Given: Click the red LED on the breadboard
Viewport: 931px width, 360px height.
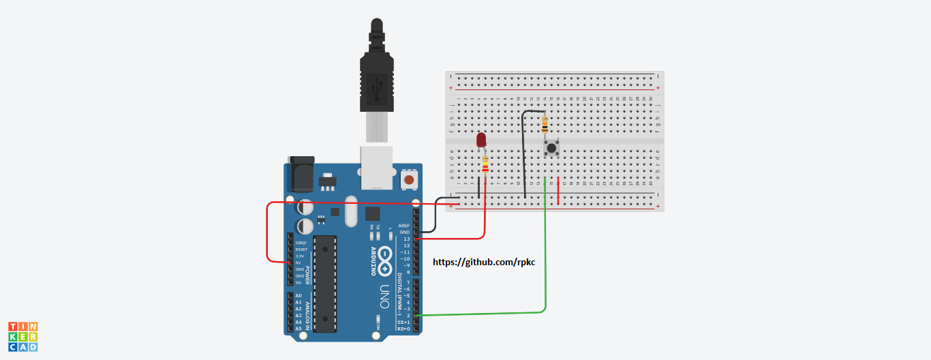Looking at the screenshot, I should tap(481, 140).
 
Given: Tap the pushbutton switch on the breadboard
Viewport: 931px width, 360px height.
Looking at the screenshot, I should tap(551, 148).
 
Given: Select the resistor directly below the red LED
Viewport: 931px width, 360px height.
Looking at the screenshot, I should tap(485, 165).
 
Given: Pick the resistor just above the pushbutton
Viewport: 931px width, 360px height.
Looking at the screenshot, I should tap(544, 125).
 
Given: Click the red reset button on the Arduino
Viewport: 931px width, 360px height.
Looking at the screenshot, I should tap(409, 180).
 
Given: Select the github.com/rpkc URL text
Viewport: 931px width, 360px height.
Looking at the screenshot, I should tap(485, 262).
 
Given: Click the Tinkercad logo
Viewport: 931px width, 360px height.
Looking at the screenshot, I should tap(22, 337).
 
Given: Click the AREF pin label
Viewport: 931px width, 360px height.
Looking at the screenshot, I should tap(403, 226).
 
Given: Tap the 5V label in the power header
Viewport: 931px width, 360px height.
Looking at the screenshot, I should tap(299, 262).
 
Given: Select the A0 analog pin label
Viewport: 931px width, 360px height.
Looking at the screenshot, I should tap(298, 296).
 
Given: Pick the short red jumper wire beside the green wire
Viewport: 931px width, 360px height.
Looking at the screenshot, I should tap(559, 191).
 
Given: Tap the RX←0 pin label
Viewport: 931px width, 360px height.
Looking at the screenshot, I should tap(403, 329).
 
